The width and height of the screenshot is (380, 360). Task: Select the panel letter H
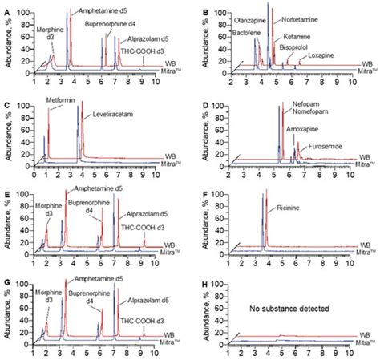pyautogui.click(x=203, y=282)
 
